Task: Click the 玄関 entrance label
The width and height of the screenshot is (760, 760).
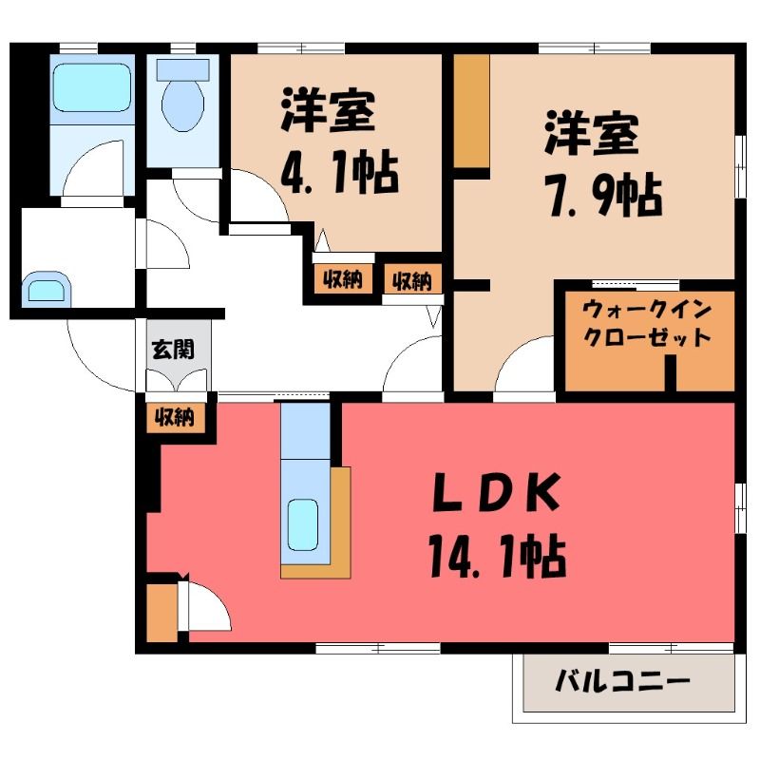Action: (x=173, y=349)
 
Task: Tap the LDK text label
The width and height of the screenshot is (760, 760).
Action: (x=497, y=492)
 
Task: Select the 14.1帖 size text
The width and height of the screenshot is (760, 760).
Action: (x=497, y=556)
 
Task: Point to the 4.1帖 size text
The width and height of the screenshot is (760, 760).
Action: (x=340, y=173)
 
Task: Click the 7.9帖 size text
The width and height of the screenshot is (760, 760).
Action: (x=604, y=195)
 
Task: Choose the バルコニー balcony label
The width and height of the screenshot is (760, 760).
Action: (x=622, y=682)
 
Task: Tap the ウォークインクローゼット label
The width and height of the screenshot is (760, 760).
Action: (x=647, y=323)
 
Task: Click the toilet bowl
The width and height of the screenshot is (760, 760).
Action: (x=182, y=104)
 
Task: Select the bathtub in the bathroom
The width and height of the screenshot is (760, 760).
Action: (x=92, y=87)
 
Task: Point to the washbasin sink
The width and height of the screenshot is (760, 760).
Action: (x=47, y=290)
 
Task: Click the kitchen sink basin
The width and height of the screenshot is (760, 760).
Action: (x=302, y=524)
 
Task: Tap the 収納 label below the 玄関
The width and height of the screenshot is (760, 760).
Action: (x=175, y=417)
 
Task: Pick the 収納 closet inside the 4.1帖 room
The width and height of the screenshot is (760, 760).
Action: (x=343, y=279)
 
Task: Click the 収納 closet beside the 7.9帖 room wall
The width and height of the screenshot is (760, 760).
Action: (x=412, y=279)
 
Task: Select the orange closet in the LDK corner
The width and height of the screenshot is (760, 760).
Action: (x=161, y=613)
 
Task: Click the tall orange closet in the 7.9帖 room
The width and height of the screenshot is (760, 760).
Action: (x=471, y=110)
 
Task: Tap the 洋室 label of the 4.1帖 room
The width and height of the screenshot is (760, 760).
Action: (x=328, y=110)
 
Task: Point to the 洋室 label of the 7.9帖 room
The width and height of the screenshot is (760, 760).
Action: (x=591, y=133)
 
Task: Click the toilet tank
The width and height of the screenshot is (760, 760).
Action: (x=182, y=69)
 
